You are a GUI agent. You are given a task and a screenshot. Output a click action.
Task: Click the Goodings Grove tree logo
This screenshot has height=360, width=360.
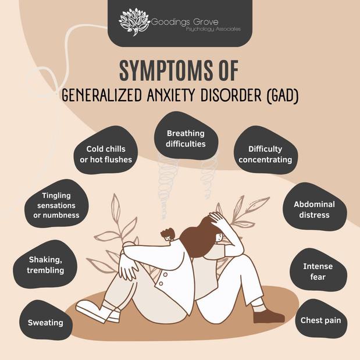[x=134, y=22]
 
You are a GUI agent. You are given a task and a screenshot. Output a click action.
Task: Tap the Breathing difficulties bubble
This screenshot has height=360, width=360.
[x=186, y=138]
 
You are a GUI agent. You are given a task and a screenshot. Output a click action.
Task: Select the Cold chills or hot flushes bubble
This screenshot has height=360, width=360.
[x=105, y=154]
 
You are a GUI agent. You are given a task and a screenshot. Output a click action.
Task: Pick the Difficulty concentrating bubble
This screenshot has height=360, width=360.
[x=265, y=154]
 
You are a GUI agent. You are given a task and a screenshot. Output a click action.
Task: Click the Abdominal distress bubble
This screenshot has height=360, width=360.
[x=314, y=209]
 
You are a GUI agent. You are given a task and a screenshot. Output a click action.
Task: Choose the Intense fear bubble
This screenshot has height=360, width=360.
[x=318, y=272]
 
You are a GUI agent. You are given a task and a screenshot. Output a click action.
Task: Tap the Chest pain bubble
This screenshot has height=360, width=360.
[x=320, y=320]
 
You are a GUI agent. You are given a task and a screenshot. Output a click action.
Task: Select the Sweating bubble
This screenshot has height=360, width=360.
[x=45, y=322]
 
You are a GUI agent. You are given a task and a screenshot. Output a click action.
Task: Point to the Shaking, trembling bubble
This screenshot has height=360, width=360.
[x=46, y=265]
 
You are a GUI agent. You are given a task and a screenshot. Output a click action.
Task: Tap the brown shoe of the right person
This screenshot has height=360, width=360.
[x=268, y=316]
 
